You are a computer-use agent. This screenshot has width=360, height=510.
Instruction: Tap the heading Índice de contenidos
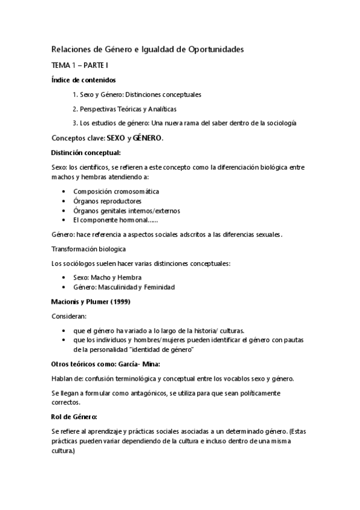coord(84,79)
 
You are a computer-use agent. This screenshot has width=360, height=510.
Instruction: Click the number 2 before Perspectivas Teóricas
coord(75,109)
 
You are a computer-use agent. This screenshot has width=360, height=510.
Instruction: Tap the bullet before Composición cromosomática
coord(64,191)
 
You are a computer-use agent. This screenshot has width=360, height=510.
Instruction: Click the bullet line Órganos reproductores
coord(108,201)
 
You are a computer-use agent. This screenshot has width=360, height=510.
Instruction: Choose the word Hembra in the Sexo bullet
coord(130,277)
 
